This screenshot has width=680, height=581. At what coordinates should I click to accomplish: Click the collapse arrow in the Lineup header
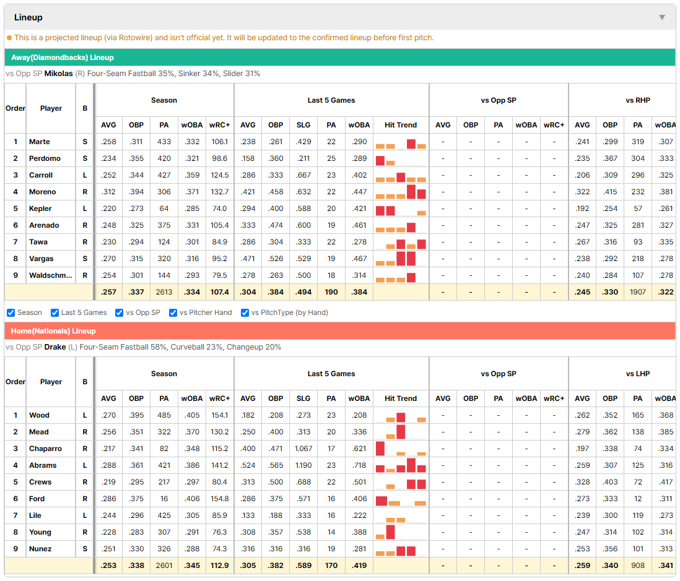coord(662,17)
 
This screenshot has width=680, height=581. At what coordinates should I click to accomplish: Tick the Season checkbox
coord(11,313)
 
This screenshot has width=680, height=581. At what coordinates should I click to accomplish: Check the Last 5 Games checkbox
coord(54,313)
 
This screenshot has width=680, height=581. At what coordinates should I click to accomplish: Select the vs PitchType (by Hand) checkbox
coord(245,313)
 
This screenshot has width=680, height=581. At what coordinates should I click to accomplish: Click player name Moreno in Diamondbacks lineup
coord(43,192)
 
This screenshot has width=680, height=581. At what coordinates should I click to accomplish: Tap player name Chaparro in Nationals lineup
coord(46,449)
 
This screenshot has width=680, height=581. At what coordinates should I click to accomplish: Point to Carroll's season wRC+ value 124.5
coord(219,175)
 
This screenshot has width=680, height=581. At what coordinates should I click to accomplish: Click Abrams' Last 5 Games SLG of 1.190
coord(303,465)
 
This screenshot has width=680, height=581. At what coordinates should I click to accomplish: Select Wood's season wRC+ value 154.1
coord(219,415)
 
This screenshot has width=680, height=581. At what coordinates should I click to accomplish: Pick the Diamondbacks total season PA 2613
coord(164,292)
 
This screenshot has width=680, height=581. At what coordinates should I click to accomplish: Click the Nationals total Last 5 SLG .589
coord(303,566)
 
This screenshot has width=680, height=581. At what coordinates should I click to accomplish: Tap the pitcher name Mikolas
coord(59,74)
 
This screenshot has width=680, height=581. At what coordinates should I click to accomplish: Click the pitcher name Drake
coord(55,347)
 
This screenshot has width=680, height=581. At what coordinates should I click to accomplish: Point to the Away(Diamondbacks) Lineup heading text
coord(63,58)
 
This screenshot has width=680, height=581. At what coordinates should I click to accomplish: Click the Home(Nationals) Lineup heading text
coord(53,331)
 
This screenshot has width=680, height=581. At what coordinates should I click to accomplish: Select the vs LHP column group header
coord(638,374)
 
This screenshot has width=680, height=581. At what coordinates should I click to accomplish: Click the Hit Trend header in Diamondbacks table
coord(401,125)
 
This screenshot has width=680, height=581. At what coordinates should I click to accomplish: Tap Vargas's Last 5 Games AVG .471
coord(248,259)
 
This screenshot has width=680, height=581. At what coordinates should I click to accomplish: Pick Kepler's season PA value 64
coord(164,209)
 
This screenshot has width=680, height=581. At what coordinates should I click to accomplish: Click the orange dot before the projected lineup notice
coord(9,38)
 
